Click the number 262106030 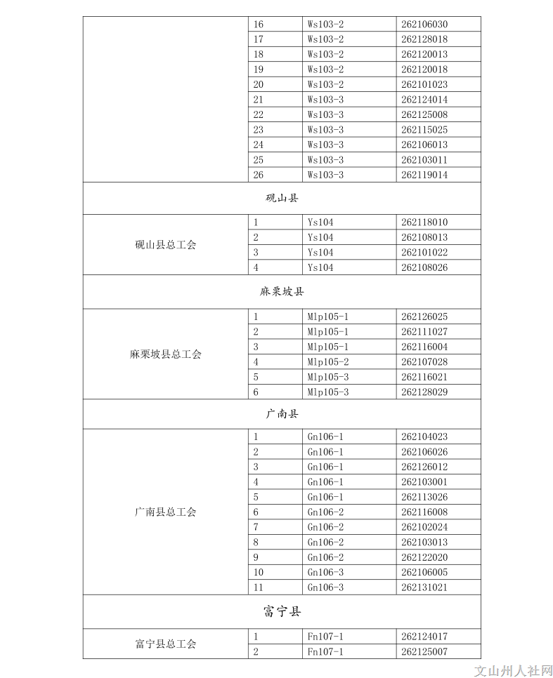(x=424, y=25)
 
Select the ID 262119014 (x=424, y=175)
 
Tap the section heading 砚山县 (x=282, y=199)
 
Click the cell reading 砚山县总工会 (x=166, y=245)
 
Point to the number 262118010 (x=424, y=222)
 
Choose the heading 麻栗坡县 (x=282, y=291)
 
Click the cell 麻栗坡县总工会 (x=166, y=354)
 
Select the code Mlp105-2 (x=328, y=362)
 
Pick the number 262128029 (x=424, y=392)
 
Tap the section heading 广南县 (x=282, y=414)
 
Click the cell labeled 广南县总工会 (x=166, y=512)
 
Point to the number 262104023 (x=424, y=437)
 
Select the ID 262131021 (x=424, y=587)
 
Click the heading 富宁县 (x=282, y=612)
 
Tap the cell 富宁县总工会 (x=166, y=644)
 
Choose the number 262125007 (x=424, y=652)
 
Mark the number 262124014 (x=424, y=100)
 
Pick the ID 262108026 (x=424, y=267)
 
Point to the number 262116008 (x=424, y=512)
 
